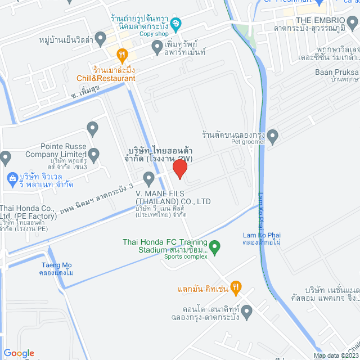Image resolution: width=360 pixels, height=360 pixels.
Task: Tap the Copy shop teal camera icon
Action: tap(175, 24)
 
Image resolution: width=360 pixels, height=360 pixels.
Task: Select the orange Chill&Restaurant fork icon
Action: tap(121, 55)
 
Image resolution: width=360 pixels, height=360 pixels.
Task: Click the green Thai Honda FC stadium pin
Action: tap(214, 246)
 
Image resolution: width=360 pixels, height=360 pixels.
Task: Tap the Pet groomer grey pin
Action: tap(273, 136)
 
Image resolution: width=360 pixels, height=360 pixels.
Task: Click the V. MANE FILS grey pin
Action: tap(149, 179)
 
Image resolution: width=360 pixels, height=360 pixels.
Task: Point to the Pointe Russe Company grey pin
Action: tap(93, 154)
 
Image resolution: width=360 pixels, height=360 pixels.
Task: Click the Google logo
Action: tap(19, 353)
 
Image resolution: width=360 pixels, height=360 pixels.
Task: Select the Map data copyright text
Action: tap(335, 355)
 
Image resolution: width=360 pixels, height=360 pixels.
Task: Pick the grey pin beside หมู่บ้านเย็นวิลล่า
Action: tap(101, 39)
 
